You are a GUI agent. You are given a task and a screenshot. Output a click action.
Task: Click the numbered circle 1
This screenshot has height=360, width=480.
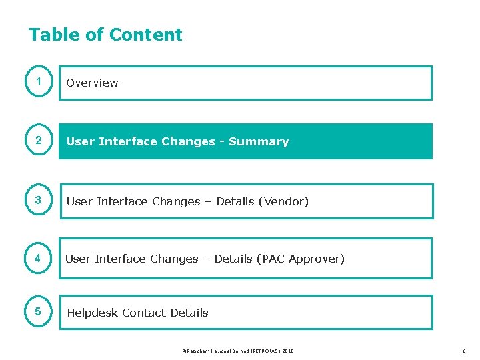39,82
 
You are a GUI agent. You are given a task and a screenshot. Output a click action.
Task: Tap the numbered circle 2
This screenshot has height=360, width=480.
39,141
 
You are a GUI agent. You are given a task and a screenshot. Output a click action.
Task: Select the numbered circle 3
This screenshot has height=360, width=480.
39,201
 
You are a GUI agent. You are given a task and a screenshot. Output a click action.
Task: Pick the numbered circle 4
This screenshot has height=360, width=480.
39,259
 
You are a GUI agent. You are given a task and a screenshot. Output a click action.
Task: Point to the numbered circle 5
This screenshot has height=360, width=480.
39,312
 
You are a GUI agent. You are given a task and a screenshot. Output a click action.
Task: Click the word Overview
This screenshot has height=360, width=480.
92,83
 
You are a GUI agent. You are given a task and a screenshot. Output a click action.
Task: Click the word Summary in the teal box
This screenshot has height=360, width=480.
259,141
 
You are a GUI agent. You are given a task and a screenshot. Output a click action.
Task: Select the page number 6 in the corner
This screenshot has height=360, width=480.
464,351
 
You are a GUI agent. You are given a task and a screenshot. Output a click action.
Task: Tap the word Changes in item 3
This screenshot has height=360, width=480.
176,201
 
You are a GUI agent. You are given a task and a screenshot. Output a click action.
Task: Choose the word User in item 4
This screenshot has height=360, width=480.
77,259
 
